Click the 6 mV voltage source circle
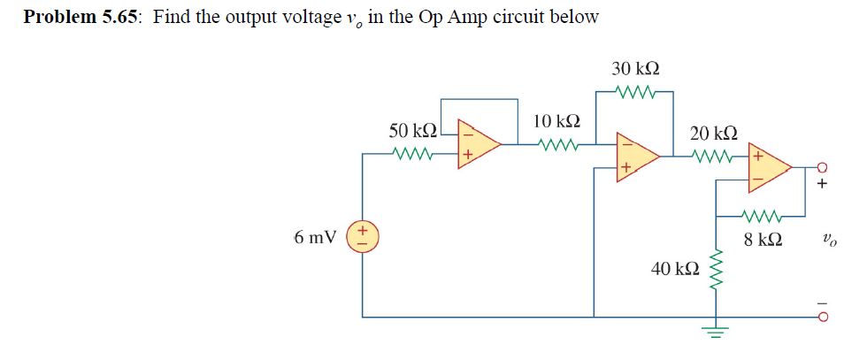pos(365,238)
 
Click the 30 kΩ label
pos(634,68)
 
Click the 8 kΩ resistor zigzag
pos(763,213)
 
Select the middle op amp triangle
pos(636,157)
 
